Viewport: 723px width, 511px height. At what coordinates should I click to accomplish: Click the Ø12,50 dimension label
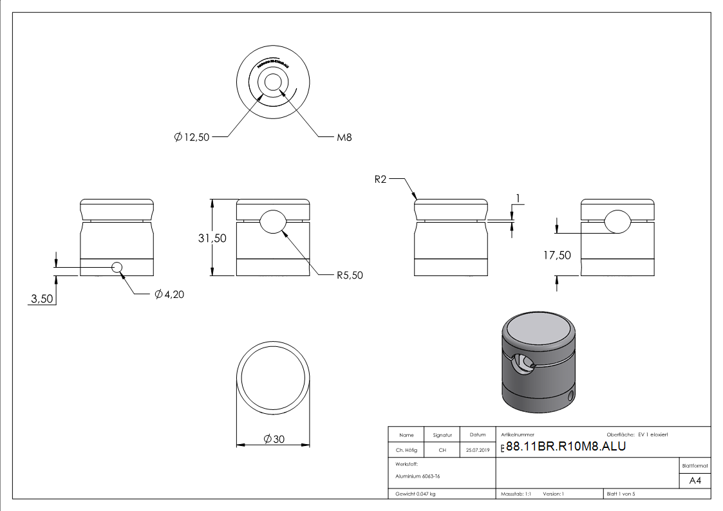[192, 137]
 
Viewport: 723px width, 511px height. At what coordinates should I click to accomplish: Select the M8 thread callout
[344, 137]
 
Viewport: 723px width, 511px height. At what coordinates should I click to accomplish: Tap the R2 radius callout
[380, 180]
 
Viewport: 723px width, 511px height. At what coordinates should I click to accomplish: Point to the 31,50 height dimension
[212, 238]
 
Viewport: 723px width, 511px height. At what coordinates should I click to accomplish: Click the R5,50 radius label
[350, 275]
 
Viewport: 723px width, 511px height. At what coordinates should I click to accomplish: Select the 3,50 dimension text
[42, 299]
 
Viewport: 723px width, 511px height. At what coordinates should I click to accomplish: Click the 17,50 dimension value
[557, 255]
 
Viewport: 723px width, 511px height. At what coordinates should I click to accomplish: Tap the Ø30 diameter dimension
[274, 439]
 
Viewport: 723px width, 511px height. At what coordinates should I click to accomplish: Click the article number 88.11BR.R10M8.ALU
[566, 447]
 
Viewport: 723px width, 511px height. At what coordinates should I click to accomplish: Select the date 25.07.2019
[477, 451]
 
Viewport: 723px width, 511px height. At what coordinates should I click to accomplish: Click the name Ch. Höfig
[406, 451]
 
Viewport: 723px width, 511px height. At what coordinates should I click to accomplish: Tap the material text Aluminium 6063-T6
[418, 476]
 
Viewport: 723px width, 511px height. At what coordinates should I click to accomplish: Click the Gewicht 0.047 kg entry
[416, 494]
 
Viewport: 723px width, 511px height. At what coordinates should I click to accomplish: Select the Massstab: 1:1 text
[516, 494]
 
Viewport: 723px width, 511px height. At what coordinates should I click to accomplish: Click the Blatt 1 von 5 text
[621, 494]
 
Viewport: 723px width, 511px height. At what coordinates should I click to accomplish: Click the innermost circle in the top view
[272, 82]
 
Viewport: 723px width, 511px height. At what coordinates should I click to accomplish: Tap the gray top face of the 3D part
[538, 331]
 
